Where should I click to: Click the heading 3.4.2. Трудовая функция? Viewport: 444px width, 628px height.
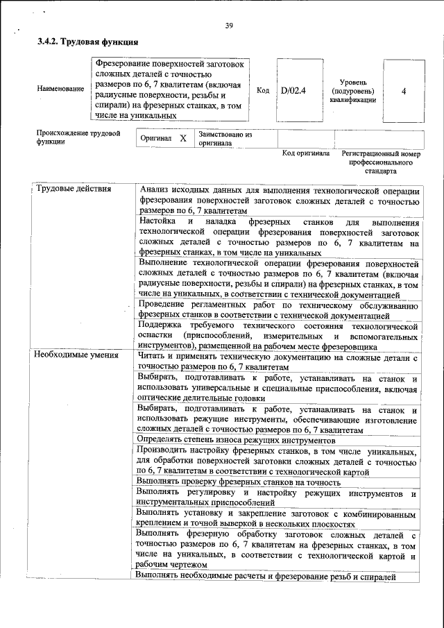83,42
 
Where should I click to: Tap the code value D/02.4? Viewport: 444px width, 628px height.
293,90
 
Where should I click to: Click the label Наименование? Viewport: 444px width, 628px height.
60,90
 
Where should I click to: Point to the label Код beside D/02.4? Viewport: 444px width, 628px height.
262,90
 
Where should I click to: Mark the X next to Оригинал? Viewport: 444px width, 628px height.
182,138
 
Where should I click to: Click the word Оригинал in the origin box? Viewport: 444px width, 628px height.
155,138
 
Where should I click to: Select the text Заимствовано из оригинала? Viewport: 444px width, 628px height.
225,138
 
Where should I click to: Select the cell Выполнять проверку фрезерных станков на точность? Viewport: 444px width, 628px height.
239,482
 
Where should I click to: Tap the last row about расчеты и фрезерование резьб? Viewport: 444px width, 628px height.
265,576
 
